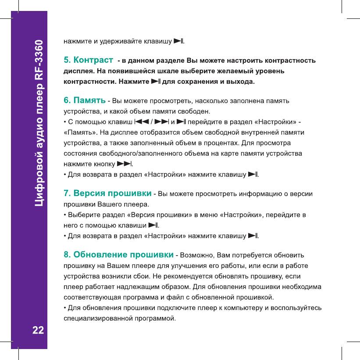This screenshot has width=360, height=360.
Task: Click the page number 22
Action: tap(38, 329)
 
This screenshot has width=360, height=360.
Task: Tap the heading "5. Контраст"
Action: tap(87, 59)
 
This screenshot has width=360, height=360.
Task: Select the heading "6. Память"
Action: tap(85, 101)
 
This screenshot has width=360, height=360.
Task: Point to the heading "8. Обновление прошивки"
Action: tap(118, 254)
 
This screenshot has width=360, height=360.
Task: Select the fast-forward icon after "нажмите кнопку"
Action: tap(125, 164)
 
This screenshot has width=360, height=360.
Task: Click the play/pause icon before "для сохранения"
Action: tap(156, 82)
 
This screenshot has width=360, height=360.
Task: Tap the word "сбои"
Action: tap(154, 277)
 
